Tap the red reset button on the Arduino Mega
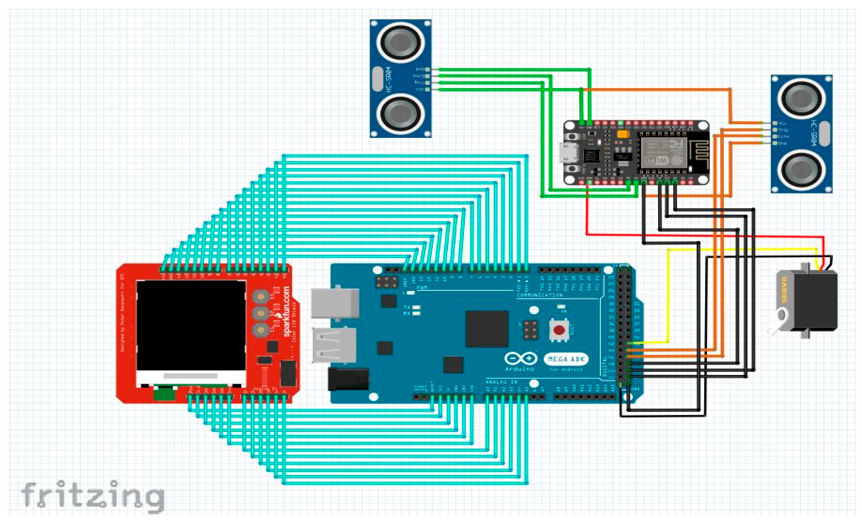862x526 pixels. (x=559, y=330)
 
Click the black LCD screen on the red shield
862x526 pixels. (x=191, y=325)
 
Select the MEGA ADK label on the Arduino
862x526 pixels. (x=566, y=359)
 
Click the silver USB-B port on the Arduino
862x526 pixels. (x=335, y=303)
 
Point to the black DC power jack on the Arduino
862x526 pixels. (x=348, y=379)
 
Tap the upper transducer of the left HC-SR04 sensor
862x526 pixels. (x=401, y=42)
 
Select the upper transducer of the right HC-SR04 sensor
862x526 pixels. (x=802, y=98)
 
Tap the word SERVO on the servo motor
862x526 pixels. (x=784, y=290)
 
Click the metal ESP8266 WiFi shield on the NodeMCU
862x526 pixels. (x=659, y=152)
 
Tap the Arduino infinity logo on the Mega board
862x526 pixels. (x=521, y=358)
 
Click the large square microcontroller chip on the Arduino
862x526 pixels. (x=487, y=329)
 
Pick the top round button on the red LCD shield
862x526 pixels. (x=260, y=296)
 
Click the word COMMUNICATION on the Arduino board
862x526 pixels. (x=539, y=295)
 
